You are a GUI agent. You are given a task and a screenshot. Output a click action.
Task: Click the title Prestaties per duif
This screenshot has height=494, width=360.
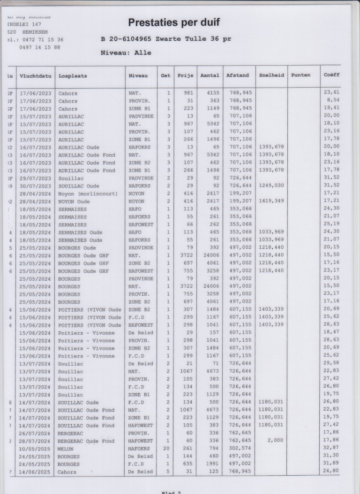pyautogui.click(x=173, y=22)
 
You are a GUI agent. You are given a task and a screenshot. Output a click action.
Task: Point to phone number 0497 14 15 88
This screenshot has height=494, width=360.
pyautogui.click(x=40, y=47)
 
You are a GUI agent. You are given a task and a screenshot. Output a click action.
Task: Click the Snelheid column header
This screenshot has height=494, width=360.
pyautogui.click(x=271, y=75)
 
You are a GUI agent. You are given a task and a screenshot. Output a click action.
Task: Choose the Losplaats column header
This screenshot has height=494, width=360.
pyautogui.click(x=73, y=75)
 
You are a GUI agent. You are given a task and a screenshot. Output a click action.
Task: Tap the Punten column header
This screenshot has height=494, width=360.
pyautogui.click(x=300, y=75)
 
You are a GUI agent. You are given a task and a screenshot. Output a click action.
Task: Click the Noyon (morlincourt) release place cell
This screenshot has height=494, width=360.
pyautogui.click(x=88, y=194)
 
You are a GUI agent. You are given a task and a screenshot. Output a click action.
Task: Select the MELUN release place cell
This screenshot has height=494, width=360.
pyautogui.click(x=66, y=449)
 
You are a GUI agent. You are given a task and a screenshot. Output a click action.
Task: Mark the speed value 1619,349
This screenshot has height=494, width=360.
pyautogui.click(x=271, y=201)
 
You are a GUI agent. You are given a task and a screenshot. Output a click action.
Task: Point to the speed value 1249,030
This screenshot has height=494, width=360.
pyautogui.click(x=271, y=186)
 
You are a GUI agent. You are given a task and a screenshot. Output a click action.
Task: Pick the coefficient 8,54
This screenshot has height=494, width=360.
pyautogui.click(x=333, y=101)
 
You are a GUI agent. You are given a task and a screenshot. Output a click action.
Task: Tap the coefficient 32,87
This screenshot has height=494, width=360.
pyautogui.click(x=331, y=449)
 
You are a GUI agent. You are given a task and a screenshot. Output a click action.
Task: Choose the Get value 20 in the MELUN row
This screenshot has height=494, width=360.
pyautogui.click(x=165, y=449)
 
